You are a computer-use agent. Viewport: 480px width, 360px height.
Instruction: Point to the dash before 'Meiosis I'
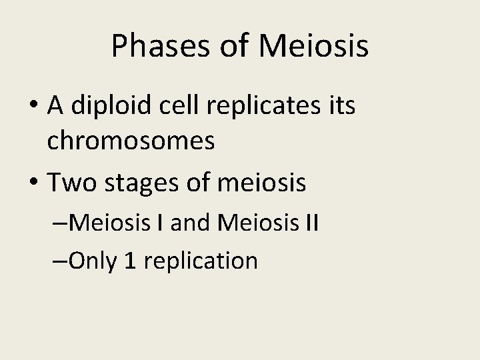pyautogui.click(x=59, y=223)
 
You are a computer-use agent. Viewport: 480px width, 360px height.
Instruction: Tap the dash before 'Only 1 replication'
pyautogui.click(x=59, y=260)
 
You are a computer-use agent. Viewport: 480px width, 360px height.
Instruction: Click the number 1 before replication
pyautogui.click(x=131, y=260)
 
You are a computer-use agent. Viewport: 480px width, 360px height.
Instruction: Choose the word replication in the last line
pyautogui.click(x=201, y=260)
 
